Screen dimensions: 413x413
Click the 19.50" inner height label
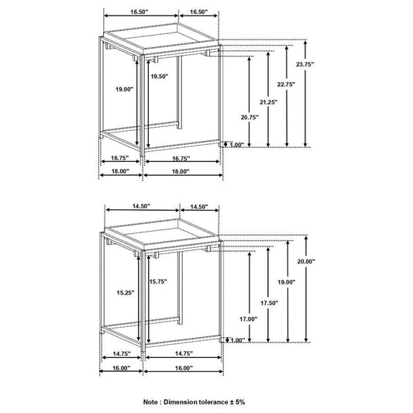(159, 77)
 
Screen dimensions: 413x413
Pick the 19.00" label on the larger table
(124, 90)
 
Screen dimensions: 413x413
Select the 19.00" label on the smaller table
(290, 282)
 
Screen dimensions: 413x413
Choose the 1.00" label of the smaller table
(236, 339)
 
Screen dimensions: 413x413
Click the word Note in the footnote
(152, 403)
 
